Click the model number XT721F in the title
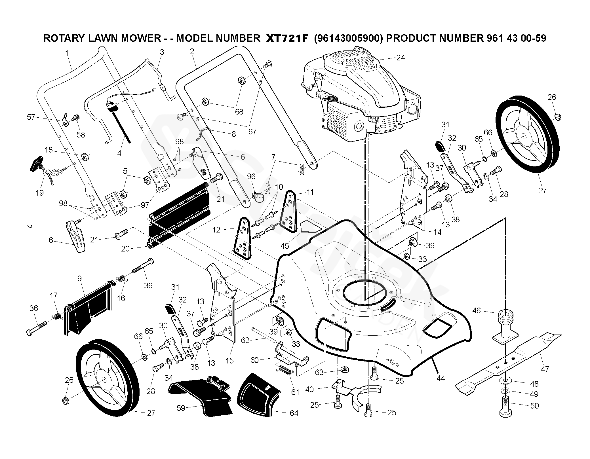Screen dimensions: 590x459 coord(286,38)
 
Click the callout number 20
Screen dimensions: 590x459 coord(125,249)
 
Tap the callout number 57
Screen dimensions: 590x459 coord(31,117)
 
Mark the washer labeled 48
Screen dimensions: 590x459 coord(506,380)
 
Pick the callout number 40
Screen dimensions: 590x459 coord(309,389)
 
